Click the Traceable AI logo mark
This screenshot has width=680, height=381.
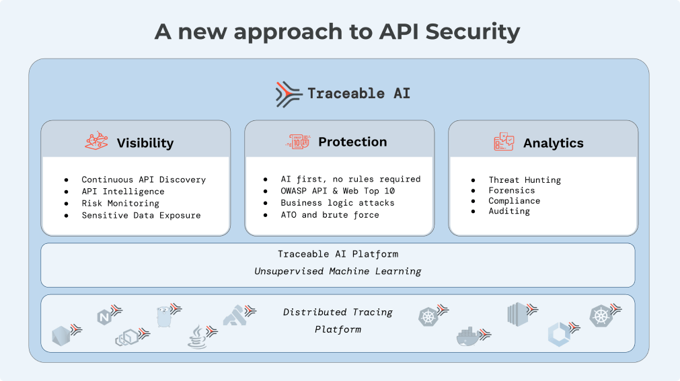point(289,94)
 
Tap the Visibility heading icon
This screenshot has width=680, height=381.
point(97,142)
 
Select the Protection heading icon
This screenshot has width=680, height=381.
point(299,142)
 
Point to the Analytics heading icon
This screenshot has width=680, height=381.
point(504,142)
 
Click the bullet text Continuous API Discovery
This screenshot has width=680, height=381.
point(143,180)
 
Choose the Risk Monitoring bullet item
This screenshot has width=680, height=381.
point(120,204)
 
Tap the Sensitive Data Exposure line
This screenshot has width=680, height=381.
point(141,216)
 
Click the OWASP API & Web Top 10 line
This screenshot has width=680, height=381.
point(338,192)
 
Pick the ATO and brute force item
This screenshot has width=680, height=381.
point(330,215)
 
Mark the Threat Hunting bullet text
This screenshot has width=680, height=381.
point(525,180)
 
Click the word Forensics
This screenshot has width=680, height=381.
point(512,191)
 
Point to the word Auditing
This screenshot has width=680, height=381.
point(509,212)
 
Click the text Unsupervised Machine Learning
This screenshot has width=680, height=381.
point(338,271)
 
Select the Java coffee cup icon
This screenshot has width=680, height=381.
point(197,336)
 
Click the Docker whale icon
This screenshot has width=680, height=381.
point(469,336)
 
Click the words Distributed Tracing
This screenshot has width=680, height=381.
point(338,312)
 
